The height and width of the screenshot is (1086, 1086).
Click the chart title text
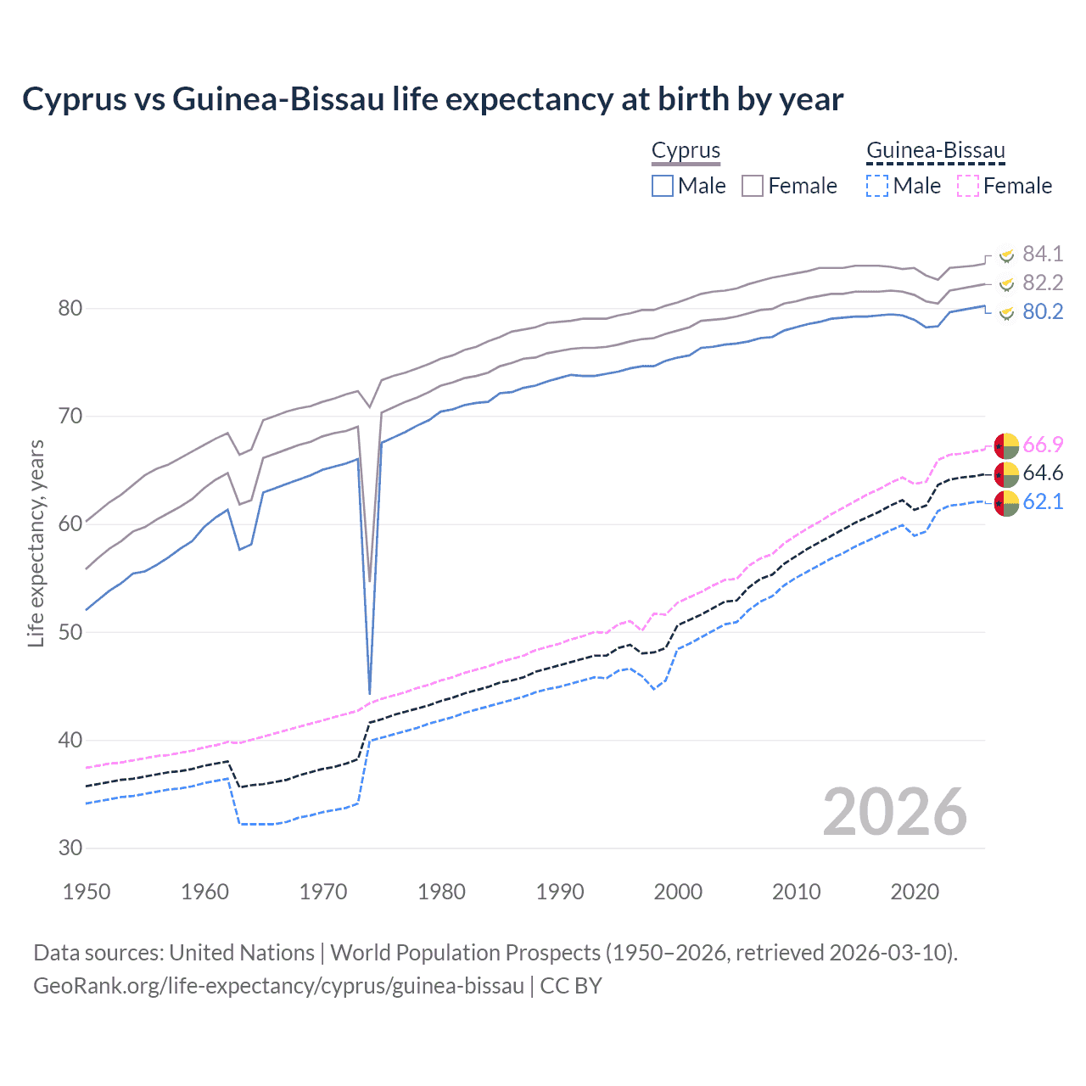pyautogui.click(x=433, y=99)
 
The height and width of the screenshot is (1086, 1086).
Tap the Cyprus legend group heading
pyautogui.click(x=686, y=150)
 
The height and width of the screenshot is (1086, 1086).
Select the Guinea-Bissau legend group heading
pyautogui.click(x=935, y=150)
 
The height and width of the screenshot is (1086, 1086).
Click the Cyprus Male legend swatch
pyautogui.click(x=663, y=186)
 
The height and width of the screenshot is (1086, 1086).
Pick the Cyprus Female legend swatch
pyautogui.click(x=753, y=186)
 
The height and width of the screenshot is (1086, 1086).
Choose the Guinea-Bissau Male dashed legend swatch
pyautogui.click(x=877, y=186)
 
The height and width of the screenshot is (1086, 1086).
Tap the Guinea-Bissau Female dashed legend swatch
pyautogui.click(x=968, y=186)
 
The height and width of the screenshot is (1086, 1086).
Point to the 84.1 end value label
pyautogui.click(x=1043, y=254)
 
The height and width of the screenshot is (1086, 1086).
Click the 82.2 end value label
pyautogui.click(x=1043, y=283)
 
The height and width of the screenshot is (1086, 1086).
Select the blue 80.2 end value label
pyautogui.click(x=1043, y=311)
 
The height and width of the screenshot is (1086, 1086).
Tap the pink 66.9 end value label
pyautogui.click(x=1043, y=445)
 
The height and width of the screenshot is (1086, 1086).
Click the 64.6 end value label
pyautogui.click(x=1043, y=473)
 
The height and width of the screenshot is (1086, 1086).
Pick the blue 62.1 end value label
pyautogui.click(x=1043, y=501)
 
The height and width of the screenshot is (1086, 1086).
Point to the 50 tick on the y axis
pyautogui.click(x=70, y=632)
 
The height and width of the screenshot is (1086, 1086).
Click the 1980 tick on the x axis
pyautogui.click(x=441, y=892)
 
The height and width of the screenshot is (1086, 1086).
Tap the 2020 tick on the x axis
pyautogui.click(x=915, y=892)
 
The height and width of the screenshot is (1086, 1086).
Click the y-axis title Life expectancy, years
pyautogui.click(x=36, y=543)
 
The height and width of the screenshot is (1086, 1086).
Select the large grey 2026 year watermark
pyautogui.click(x=894, y=812)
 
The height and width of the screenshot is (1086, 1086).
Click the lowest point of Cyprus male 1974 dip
pyautogui.click(x=370, y=693)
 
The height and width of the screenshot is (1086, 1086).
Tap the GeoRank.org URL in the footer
pyautogui.click(x=278, y=986)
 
